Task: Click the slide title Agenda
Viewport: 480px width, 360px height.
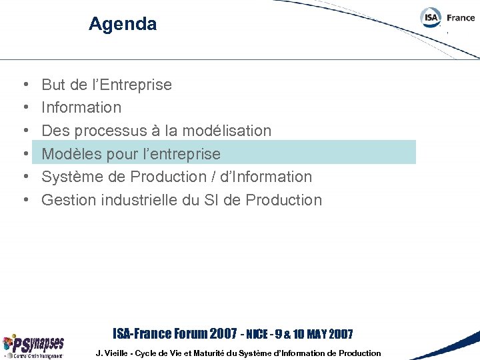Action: (x=123, y=25)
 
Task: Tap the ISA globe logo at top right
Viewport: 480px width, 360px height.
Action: (x=431, y=18)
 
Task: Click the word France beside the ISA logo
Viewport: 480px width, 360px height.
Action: (x=461, y=18)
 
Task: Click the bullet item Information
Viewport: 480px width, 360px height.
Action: (x=81, y=107)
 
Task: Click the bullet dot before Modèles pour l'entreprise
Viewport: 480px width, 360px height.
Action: (x=25, y=154)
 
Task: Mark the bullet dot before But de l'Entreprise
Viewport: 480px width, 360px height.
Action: (x=25, y=85)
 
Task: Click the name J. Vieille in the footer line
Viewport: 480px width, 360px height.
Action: (x=114, y=353)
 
